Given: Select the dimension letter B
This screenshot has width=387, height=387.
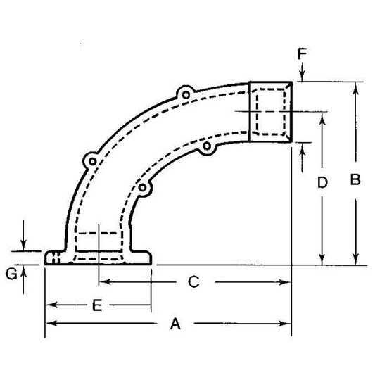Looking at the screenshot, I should (355, 180).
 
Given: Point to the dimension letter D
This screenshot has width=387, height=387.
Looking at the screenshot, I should (322, 183).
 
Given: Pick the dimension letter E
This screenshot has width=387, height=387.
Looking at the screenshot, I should (98, 305).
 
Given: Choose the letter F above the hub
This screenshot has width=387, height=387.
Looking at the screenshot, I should (301, 53).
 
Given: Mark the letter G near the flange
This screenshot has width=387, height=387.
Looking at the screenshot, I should (12, 274).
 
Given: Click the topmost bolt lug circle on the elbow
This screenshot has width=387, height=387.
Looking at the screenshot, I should (185, 93).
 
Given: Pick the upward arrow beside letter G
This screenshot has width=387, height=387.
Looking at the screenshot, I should (25, 271).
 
